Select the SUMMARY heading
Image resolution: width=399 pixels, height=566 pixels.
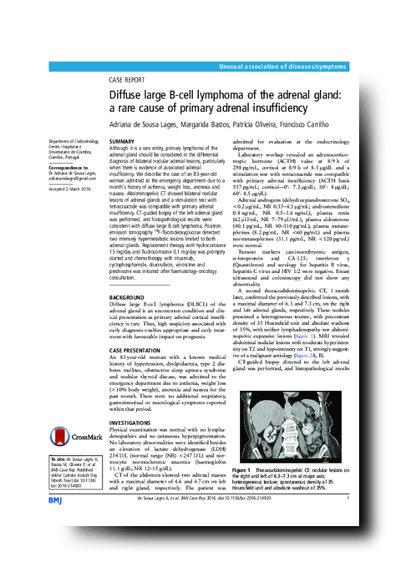122,142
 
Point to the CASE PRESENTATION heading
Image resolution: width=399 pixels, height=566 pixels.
134,350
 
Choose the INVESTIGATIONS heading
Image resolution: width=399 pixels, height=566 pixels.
130,423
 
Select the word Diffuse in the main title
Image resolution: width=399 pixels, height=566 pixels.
127,96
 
